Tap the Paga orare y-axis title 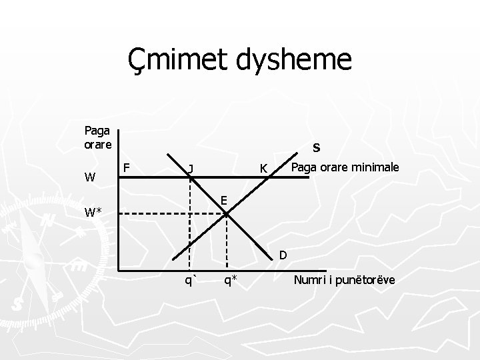click(97, 137)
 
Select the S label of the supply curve click(317, 147)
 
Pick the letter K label click(264, 169)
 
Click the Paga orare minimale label click(345, 167)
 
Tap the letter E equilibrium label click(225, 200)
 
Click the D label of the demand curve click(283, 254)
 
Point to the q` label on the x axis click(190, 281)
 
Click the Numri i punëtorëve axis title click(344, 280)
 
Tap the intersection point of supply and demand click(227, 214)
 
